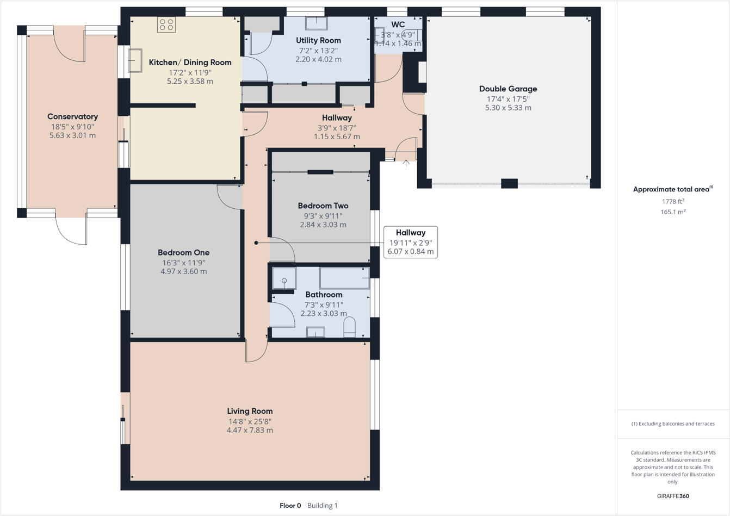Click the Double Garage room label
508,89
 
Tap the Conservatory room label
72,116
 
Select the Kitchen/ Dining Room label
190,63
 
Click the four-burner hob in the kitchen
166,24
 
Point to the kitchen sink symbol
134,60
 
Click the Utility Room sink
316,23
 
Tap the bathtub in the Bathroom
344,278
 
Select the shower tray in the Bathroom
284,278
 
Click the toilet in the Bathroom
349,327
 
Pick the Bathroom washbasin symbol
315,332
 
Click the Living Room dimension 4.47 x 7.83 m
250,430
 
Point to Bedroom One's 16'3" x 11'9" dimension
183,262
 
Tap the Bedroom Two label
323,206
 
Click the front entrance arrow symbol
406,163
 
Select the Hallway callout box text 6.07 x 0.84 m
411,252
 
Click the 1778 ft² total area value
673,201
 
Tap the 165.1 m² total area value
673,212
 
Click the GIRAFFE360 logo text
673,496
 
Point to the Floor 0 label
290,506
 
